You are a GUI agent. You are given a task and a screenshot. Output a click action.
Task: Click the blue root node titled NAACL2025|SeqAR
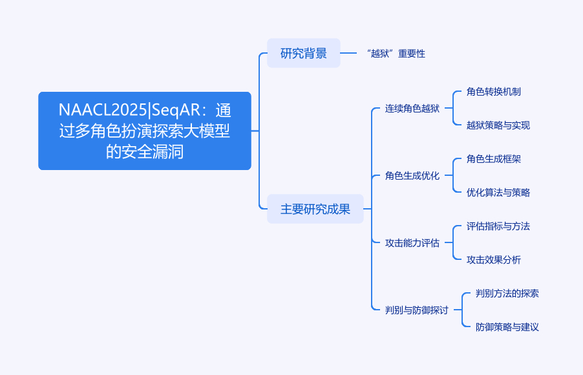coord(144,131)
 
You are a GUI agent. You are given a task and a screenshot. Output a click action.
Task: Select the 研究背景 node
coord(303,53)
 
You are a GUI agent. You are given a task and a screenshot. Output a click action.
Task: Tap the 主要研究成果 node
coord(315,209)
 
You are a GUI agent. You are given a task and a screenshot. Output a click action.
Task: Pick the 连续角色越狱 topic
coord(412,108)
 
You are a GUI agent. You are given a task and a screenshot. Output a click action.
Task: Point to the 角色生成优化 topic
coord(412,175)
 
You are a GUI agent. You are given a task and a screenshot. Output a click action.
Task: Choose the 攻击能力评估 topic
coord(412,242)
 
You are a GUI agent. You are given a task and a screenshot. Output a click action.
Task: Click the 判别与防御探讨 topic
coord(416,310)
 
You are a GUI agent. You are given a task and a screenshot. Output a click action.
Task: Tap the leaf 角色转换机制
coord(493,91)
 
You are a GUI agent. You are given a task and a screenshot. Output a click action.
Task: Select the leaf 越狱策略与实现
coord(498,125)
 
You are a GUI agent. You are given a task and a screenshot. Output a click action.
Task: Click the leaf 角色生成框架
coord(493,158)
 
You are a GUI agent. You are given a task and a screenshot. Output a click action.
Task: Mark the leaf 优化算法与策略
coord(498,192)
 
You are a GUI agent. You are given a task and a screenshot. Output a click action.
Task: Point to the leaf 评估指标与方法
coord(498,226)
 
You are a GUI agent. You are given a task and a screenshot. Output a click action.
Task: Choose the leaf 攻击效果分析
coord(493,259)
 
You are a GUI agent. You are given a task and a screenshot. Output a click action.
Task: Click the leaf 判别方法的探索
coord(507,293)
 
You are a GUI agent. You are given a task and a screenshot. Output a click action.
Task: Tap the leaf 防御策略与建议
coord(507,327)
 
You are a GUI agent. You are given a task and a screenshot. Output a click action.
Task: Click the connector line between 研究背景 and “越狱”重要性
coord(349,53)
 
